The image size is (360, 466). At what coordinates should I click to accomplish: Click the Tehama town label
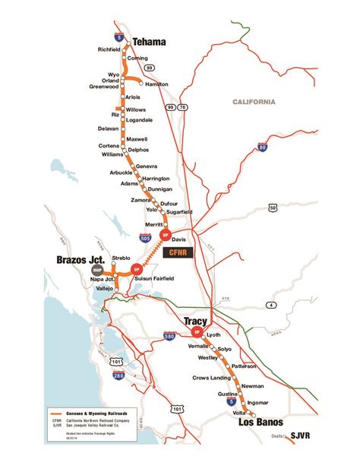point(150,41)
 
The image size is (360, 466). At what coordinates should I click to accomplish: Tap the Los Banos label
point(259,422)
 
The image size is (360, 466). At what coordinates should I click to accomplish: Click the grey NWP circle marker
point(96,270)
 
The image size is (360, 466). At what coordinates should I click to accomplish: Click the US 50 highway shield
point(272,206)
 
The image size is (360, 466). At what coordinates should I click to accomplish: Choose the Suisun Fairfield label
point(154,280)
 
